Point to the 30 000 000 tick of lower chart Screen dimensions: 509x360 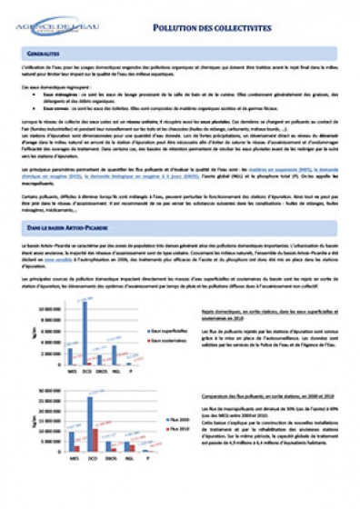[47, 389]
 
